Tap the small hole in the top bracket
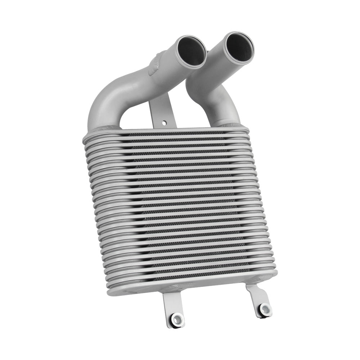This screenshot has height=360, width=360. pos(165,123)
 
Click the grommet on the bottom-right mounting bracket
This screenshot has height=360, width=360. pos(265,309)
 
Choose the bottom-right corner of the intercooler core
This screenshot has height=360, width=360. pos(276,274)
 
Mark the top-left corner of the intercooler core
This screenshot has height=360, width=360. pos(84,137)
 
